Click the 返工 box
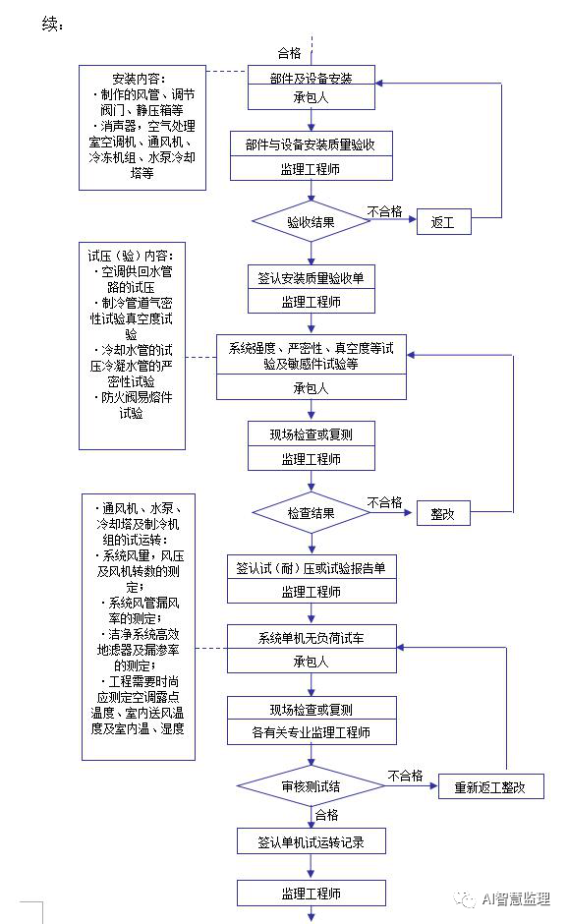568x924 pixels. [x=443, y=221]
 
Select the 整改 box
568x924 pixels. [x=443, y=513]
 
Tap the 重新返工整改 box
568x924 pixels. [x=490, y=786]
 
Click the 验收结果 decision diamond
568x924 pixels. [x=312, y=221]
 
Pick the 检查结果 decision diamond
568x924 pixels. [x=312, y=513]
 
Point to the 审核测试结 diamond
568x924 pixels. [x=312, y=786]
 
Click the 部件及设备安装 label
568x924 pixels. [x=312, y=79]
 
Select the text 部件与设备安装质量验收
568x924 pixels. [x=311, y=144]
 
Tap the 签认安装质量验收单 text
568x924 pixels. [x=312, y=277]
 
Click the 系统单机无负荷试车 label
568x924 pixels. [x=312, y=638]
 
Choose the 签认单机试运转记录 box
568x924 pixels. [x=312, y=840]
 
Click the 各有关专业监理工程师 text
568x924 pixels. [x=312, y=732]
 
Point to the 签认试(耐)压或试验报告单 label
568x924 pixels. [x=312, y=567]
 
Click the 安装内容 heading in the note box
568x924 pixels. [x=140, y=79]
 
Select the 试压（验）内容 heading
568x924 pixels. [x=131, y=256]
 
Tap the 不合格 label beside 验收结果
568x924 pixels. [x=385, y=211]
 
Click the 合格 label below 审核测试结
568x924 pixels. [x=327, y=814]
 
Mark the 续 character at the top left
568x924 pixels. [x=49, y=25]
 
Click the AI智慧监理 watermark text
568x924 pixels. [x=516, y=898]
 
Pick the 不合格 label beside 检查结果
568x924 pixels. [x=385, y=502]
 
